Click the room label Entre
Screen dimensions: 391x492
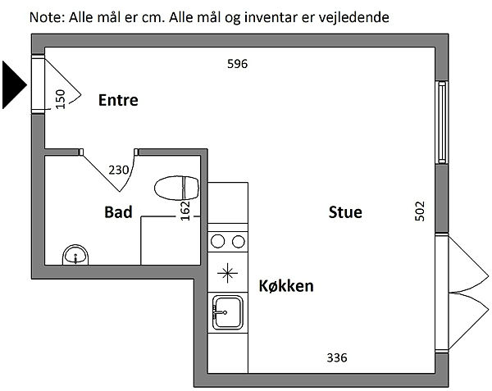(x=118, y=101)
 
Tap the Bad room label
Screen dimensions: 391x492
(x=118, y=212)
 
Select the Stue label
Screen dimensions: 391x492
(x=345, y=212)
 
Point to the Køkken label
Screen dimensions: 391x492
(x=286, y=286)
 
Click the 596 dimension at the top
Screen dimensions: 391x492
(x=237, y=64)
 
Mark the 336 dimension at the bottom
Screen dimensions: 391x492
(x=337, y=357)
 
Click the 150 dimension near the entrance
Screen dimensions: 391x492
(x=60, y=98)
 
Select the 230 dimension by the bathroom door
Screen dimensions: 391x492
(x=119, y=170)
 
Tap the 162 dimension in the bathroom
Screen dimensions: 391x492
(x=185, y=210)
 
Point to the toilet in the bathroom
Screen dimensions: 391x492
(x=176, y=187)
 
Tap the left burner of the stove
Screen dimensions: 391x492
(x=219, y=241)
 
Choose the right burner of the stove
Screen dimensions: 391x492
(x=238, y=241)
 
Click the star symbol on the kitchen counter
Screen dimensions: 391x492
(x=227, y=272)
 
